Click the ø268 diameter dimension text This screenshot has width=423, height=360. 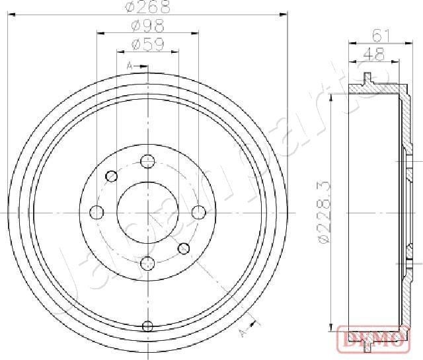click(x=147, y=7)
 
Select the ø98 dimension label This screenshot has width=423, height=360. click(x=147, y=26)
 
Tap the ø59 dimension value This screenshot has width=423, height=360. click(x=147, y=44)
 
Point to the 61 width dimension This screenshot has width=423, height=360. click(x=379, y=34)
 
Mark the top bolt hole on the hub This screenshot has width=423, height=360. click(x=147, y=161)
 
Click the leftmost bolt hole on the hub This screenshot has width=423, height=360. click(x=96, y=212)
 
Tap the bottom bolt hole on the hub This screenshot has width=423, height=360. click(x=147, y=263)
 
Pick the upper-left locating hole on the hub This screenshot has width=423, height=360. click(x=112, y=176)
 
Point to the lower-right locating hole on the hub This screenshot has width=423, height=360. click(x=184, y=248)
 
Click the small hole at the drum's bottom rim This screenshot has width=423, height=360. click(x=147, y=325)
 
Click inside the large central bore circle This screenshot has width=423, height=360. click(x=147, y=212)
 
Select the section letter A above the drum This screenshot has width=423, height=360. click(x=130, y=65)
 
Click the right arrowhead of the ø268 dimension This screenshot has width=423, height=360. click(x=284, y=13)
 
